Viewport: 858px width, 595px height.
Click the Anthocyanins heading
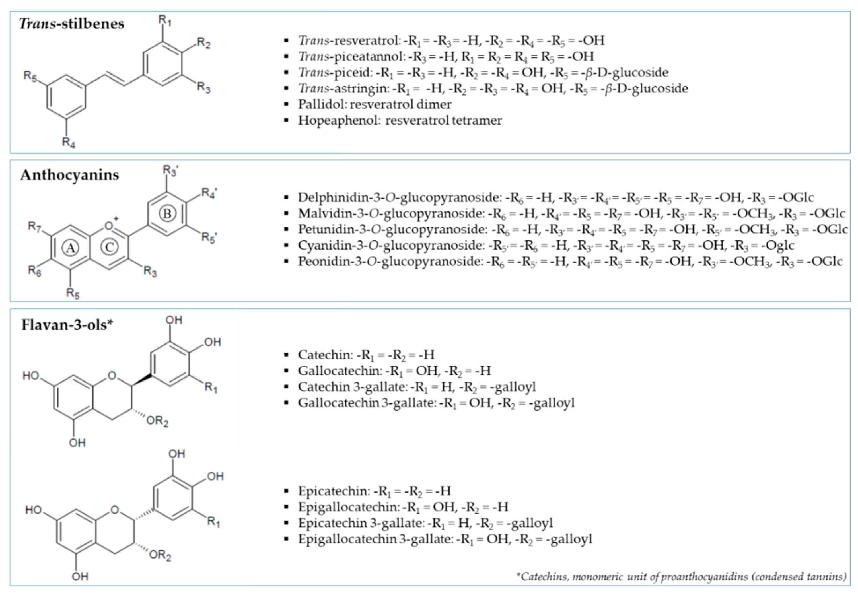pos(70,175)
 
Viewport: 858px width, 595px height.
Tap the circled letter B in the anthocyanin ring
pos(167,214)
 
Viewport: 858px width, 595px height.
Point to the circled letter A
pos(70,248)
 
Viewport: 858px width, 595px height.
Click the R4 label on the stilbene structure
pos(69,142)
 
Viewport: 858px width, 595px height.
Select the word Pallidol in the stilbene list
pos(322,104)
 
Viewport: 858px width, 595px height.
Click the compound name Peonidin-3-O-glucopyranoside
pos(390,261)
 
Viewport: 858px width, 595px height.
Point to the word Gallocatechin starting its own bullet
pos(338,370)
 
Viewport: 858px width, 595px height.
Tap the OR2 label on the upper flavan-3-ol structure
pos(157,421)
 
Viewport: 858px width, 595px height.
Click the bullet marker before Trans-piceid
pos(286,72)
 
